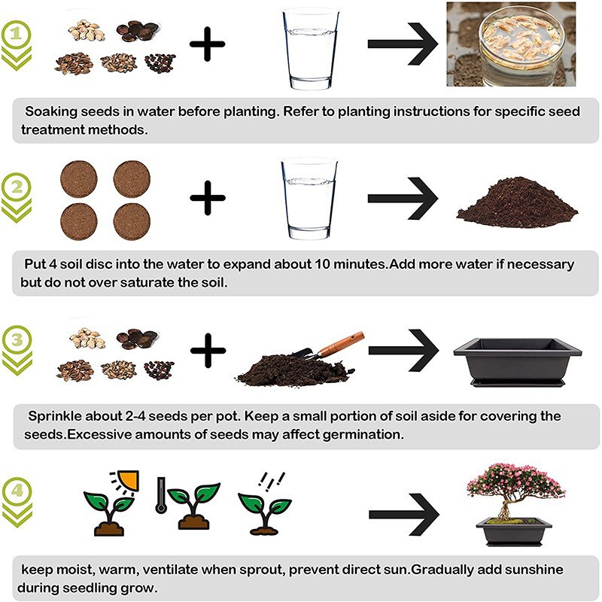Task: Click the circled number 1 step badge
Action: click(x=16, y=35)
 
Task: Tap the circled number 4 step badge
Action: click(x=17, y=491)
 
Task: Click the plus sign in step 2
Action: click(x=208, y=198)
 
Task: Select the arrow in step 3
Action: click(x=403, y=350)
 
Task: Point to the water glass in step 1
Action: click(x=311, y=50)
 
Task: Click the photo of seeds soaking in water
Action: click(x=511, y=44)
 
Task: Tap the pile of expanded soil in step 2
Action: click(x=517, y=202)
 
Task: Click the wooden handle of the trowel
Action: click(x=341, y=344)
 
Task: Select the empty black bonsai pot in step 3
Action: click(x=517, y=362)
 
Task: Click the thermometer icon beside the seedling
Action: click(x=161, y=495)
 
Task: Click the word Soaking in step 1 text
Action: click(x=51, y=111)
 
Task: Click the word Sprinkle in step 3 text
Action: click(x=55, y=417)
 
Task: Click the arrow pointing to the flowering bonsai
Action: click(x=404, y=515)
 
